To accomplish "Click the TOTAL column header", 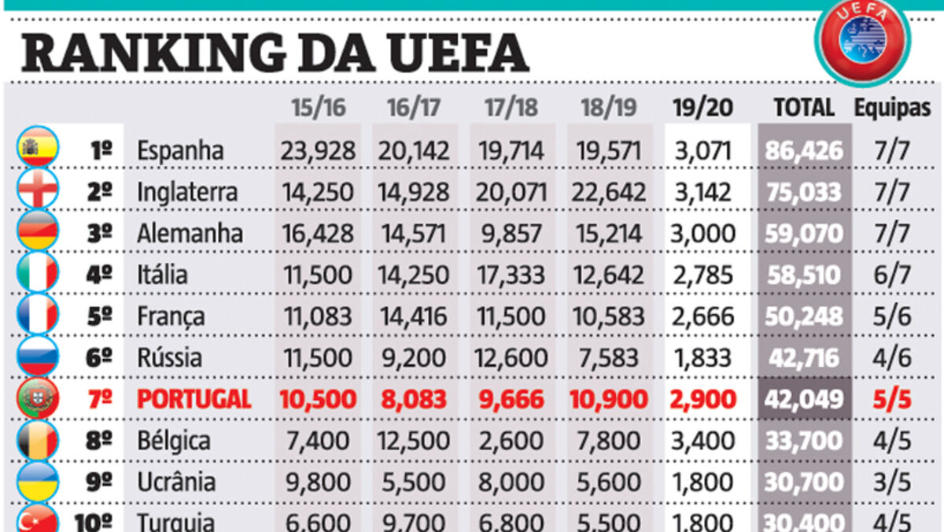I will click(x=804, y=108).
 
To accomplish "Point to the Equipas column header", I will click(x=892, y=108).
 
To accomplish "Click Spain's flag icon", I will click(x=37, y=150).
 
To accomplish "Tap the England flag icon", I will click(x=37, y=191).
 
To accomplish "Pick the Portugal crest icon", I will click(x=37, y=399).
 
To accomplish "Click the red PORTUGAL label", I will click(x=194, y=399).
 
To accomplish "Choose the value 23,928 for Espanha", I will click(x=318, y=150).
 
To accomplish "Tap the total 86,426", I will click(x=804, y=150).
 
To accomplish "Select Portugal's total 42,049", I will click(x=804, y=399).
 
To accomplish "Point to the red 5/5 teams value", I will click(x=892, y=399).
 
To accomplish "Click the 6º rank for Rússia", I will click(x=100, y=358).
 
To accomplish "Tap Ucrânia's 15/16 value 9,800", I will click(x=318, y=482).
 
